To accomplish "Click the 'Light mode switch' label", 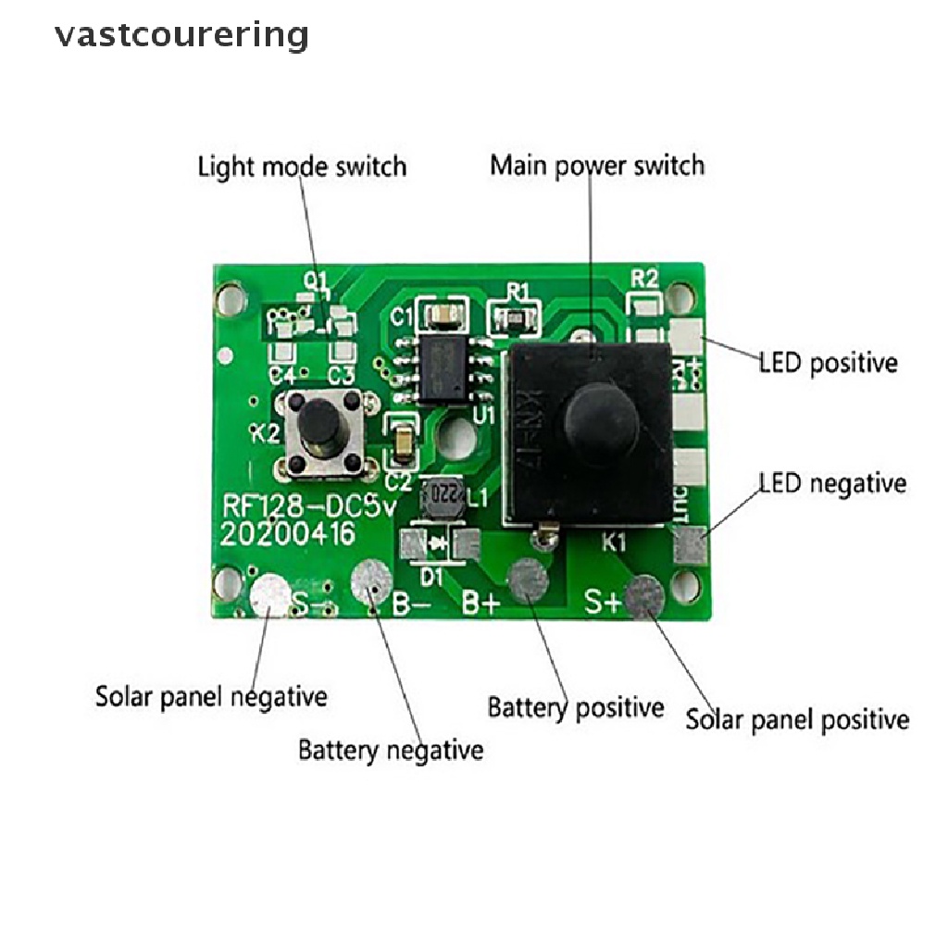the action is pos(302,167).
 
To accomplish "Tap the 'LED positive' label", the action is pos(828,362).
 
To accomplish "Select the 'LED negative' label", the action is pos(832,483).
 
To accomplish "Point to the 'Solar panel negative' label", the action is pos(211,696).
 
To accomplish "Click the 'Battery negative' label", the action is pos(390,749).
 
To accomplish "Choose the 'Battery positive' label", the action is pos(575,708).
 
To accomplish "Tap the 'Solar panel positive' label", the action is pos(797,719).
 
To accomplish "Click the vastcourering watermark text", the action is pos(181,35).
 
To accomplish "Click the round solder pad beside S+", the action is pos(644,595).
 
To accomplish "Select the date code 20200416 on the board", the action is pos(287,535).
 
